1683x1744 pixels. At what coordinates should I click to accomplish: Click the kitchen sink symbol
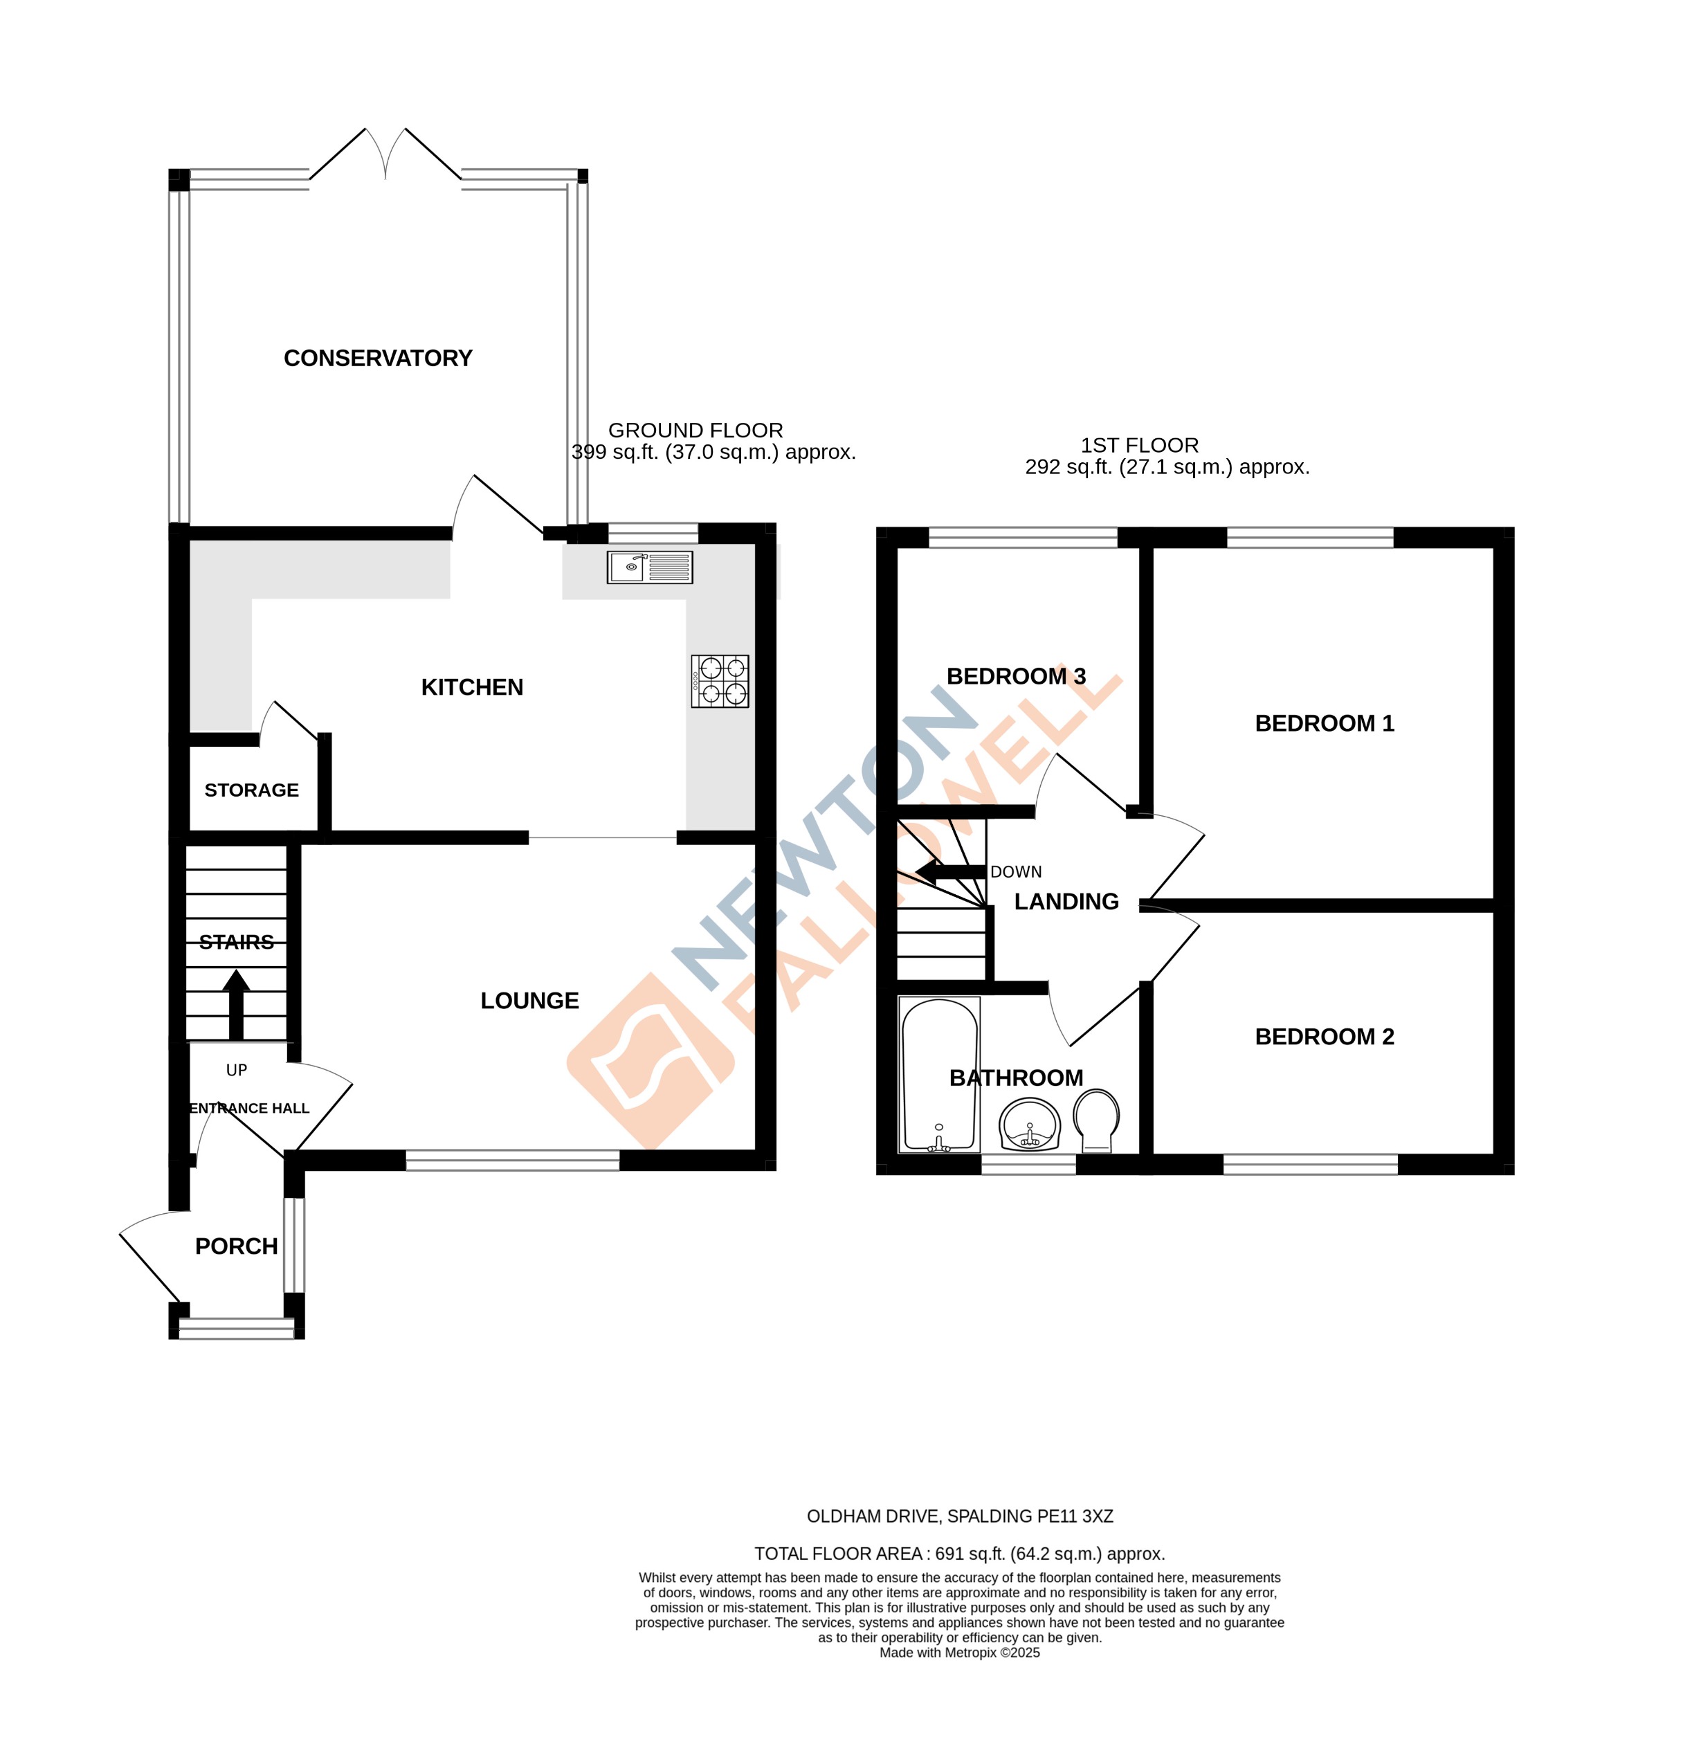point(648,567)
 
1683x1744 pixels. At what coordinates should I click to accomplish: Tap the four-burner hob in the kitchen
point(719,681)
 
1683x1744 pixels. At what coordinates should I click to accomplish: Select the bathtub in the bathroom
point(938,1074)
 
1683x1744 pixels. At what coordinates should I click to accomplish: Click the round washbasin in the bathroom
point(1029,1125)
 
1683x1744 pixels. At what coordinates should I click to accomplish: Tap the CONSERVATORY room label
point(377,358)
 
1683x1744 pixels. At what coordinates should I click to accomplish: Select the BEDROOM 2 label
point(1324,1037)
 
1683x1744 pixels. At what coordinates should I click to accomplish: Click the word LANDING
point(1066,901)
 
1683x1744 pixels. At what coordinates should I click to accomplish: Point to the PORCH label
point(236,1246)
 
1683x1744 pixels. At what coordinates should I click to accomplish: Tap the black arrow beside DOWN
point(950,872)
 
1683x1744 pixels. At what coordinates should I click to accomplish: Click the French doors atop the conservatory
point(385,156)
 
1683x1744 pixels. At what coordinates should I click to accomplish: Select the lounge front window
point(511,1159)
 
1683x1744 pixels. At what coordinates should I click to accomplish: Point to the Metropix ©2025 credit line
point(959,1653)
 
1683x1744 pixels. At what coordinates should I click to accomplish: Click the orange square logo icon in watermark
point(651,1061)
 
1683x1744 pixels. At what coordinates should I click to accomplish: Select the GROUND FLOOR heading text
point(695,430)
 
